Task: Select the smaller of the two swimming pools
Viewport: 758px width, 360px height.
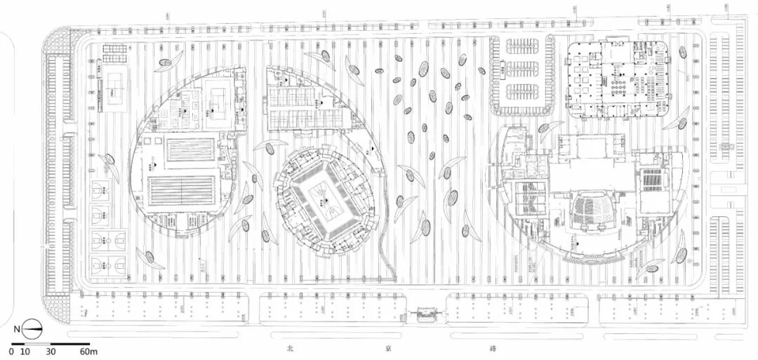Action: [189, 149]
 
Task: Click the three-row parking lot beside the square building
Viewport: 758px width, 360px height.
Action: [524, 74]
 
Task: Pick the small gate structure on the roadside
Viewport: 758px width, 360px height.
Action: [425, 316]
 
